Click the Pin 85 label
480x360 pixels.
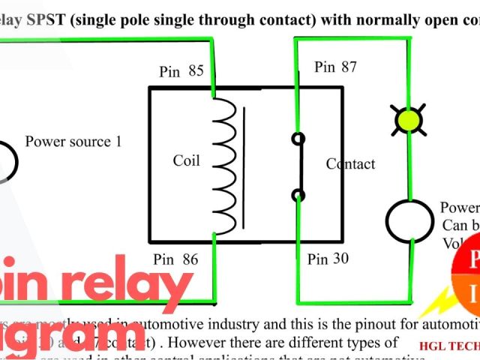click(181, 72)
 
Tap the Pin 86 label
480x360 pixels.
click(175, 259)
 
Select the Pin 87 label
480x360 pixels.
click(335, 67)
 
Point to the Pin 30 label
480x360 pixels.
click(328, 259)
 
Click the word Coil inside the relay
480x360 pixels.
click(187, 160)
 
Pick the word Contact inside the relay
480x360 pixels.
click(350, 164)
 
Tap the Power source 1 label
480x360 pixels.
click(73, 141)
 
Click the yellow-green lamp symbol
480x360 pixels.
click(409, 120)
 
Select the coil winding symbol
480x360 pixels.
click(223, 164)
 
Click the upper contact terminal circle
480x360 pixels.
click(298, 139)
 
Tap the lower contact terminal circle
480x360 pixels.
click(298, 196)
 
